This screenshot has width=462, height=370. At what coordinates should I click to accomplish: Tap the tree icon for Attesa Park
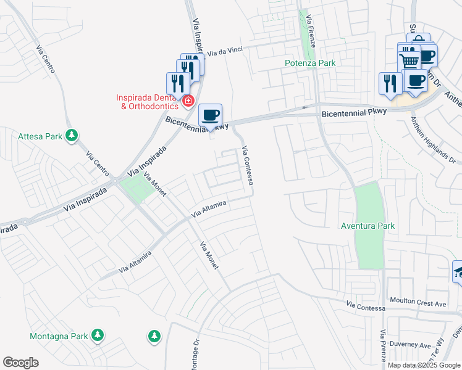72,135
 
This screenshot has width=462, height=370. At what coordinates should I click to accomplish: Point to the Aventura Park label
367,226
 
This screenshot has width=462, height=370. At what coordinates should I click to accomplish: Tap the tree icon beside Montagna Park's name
98,335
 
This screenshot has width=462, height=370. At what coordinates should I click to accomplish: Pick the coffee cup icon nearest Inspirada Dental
211,114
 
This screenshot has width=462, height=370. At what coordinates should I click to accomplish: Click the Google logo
20,363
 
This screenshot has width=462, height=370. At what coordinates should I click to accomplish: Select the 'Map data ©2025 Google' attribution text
424,365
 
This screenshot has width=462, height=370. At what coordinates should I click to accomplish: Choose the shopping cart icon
409,60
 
